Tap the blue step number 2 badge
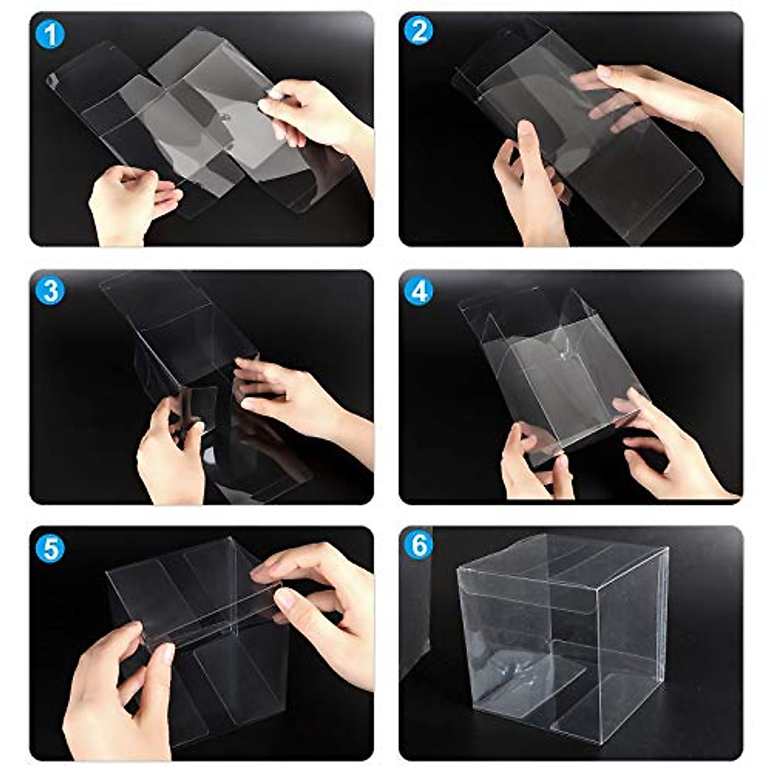[419, 32]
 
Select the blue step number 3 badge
[50, 291]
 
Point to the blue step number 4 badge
[419, 291]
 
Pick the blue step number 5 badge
[50, 548]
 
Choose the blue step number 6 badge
[419, 546]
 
